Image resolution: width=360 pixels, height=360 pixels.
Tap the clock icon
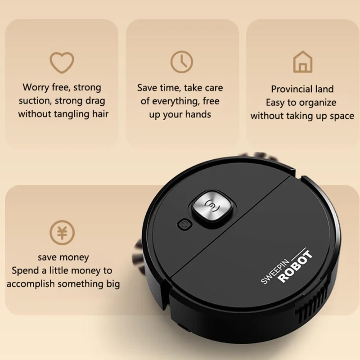pos(181,62)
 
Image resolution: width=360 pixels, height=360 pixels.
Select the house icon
pos(302,62)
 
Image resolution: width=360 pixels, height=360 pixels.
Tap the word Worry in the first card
pos(36,87)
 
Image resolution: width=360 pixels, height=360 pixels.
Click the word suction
pos(34,101)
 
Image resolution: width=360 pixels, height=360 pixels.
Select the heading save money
pos(63,258)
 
